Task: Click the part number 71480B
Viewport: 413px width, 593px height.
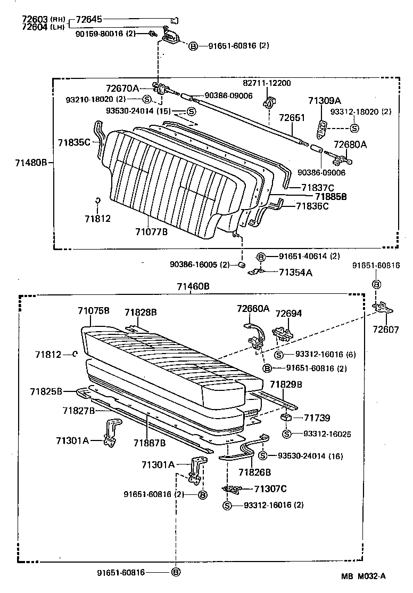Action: pyautogui.click(x=24, y=162)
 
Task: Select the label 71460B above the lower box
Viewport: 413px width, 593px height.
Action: pyautogui.click(x=193, y=286)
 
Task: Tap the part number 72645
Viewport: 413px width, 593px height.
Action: pyautogui.click(x=88, y=20)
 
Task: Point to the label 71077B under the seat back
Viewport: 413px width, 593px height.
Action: pyautogui.click(x=151, y=231)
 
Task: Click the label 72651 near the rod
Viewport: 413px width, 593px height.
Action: pyautogui.click(x=292, y=117)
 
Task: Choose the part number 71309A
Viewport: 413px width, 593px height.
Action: pyautogui.click(x=324, y=101)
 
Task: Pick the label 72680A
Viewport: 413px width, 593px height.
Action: pyautogui.click(x=350, y=144)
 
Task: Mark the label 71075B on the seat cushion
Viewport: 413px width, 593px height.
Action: pyautogui.click(x=93, y=310)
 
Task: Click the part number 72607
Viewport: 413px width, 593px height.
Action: pyautogui.click(x=385, y=330)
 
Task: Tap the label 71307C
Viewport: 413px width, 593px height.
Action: pyautogui.click(x=270, y=488)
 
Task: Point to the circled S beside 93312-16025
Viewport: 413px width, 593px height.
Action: pyautogui.click(x=286, y=434)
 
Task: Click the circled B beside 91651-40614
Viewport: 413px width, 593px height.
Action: pyautogui.click(x=261, y=257)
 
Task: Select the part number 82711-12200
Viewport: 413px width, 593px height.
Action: pyautogui.click(x=267, y=83)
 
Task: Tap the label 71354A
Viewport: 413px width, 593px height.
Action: pyautogui.click(x=295, y=272)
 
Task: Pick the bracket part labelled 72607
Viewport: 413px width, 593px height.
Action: pyautogui.click(x=382, y=308)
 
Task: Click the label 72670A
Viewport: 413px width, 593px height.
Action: pyautogui.click(x=122, y=88)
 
